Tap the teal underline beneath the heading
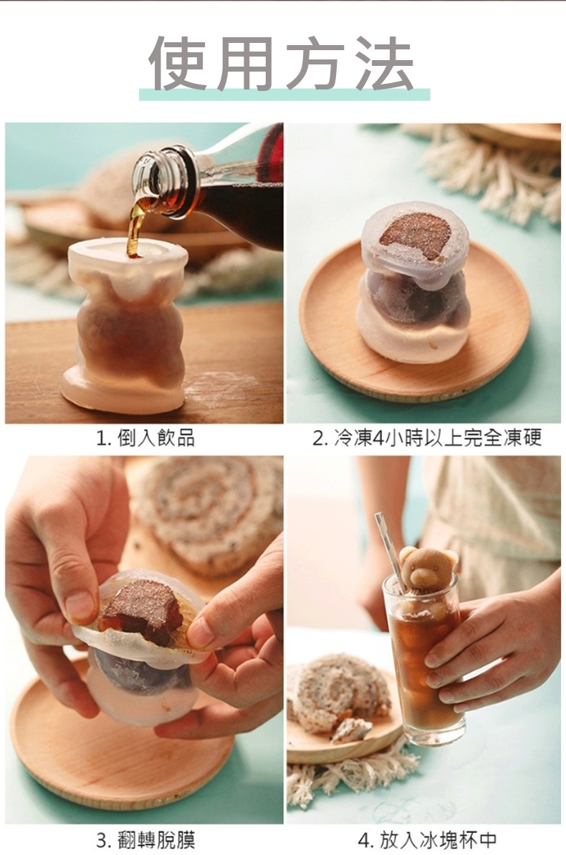[x=284, y=95]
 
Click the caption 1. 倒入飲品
[x=145, y=438]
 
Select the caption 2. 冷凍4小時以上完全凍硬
[x=427, y=438]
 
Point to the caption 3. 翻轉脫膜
[x=145, y=840]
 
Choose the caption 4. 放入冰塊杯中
[x=427, y=840]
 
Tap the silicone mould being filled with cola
[x=128, y=324]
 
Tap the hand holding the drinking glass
[x=494, y=644]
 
